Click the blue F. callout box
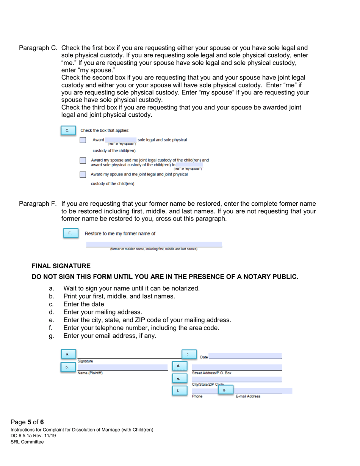(x=69, y=233)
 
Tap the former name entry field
(x=154, y=244)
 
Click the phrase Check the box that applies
(x=110, y=130)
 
